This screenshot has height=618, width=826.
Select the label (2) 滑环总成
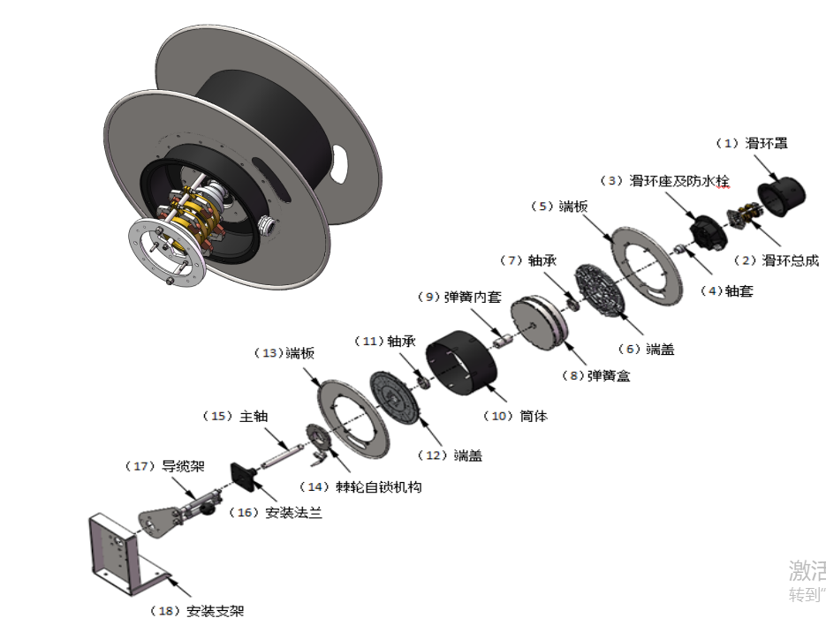pos(777,260)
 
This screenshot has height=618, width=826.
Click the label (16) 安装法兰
pos(275,512)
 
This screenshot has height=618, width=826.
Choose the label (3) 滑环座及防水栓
pos(666,182)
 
